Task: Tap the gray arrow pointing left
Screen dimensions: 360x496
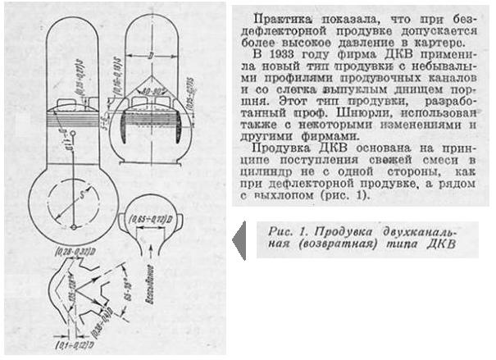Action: pyautogui.click(x=239, y=239)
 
